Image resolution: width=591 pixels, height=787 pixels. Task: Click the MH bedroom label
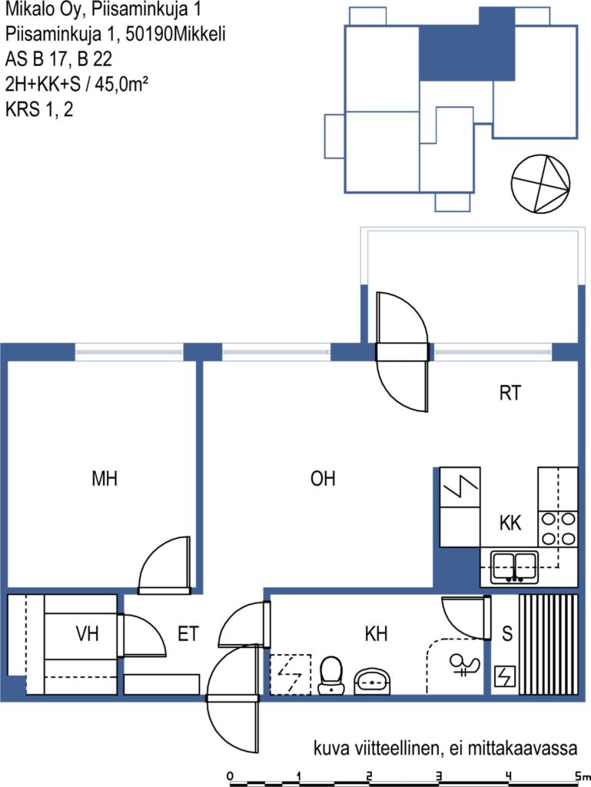[x=105, y=479]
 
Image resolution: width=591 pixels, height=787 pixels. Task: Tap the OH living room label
[x=323, y=479]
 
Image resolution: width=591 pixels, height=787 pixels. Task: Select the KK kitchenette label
[x=510, y=523]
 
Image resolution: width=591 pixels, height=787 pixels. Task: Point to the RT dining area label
[x=510, y=393]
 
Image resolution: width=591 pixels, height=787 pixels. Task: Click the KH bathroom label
[x=376, y=634]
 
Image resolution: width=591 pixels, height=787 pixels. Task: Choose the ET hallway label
[x=188, y=634]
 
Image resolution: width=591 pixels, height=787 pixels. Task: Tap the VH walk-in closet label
[x=88, y=634]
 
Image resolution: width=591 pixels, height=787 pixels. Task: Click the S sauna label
[x=507, y=634]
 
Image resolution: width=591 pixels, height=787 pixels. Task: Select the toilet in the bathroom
[x=330, y=675]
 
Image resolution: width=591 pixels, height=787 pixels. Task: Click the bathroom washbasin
[x=373, y=681]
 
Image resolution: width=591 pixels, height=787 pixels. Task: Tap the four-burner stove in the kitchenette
[x=558, y=529]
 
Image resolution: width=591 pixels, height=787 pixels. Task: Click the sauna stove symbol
[x=505, y=676]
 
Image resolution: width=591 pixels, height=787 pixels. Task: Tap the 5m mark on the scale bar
[x=582, y=776]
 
